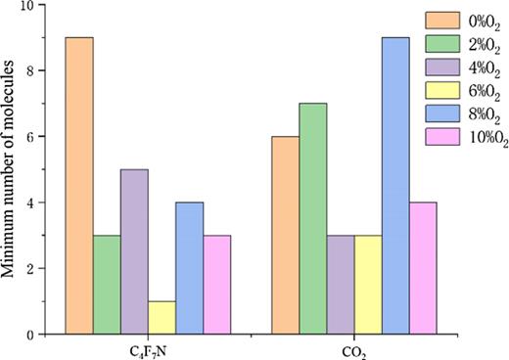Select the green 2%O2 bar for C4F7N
click(x=107, y=285)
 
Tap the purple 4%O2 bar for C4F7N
click(x=134, y=251)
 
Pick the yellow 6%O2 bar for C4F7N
click(x=162, y=318)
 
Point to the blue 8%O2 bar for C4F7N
click(x=189, y=268)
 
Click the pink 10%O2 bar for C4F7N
click(x=217, y=285)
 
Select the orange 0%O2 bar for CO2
click(x=285, y=235)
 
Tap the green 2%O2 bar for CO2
click(x=313, y=218)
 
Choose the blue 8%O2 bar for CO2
click(x=395, y=186)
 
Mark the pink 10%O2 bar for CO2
click(x=423, y=268)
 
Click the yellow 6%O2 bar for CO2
click(x=368, y=285)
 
